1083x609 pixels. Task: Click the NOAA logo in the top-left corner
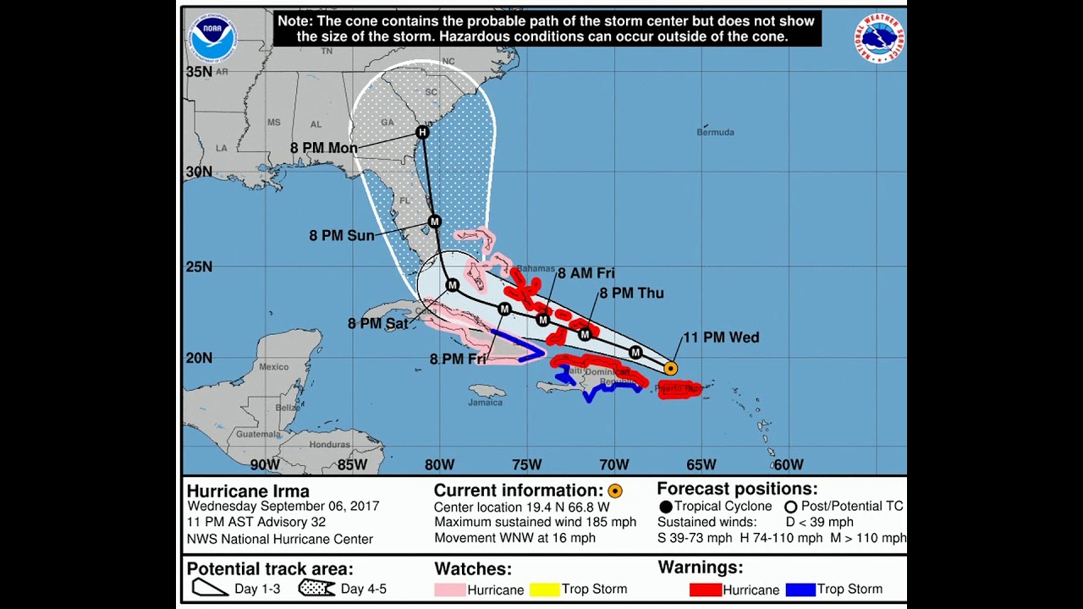(x=213, y=37)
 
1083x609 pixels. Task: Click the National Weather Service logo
(x=879, y=38)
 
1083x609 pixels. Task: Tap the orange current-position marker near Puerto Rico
(x=670, y=368)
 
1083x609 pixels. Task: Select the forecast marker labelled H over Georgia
(x=422, y=132)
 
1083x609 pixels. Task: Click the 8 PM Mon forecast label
(x=323, y=148)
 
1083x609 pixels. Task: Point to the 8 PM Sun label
(x=341, y=236)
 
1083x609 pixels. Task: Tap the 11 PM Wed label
(x=720, y=337)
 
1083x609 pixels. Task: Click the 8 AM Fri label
(x=585, y=273)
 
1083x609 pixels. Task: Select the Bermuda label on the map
(x=715, y=132)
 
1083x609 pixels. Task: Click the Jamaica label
(x=485, y=403)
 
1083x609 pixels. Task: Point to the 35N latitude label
(x=199, y=72)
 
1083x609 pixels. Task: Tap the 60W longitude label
(x=789, y=464)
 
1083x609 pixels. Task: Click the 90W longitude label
(x=265, y=464)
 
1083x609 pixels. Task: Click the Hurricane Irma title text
(x=248, y=491)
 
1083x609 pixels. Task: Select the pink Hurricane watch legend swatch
(x=450, y=590)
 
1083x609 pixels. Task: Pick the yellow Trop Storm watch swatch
(x=545, y=590)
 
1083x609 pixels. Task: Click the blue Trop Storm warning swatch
(x=800, y=590)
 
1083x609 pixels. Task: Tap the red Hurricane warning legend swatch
(x=705, y=590)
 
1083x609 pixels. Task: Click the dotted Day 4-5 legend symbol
(x=317, y=588)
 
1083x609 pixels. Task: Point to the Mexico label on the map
(x=273, y=367)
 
